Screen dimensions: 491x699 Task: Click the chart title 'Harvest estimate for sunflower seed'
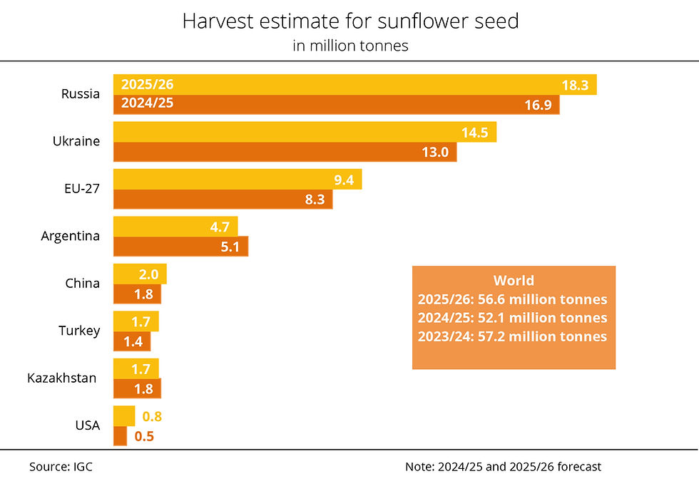tap(349, 21)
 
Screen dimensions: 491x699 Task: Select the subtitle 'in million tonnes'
tap(349, 46)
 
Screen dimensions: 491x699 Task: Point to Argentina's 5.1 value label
tap(230, 247)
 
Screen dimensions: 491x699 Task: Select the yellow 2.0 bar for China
tap(140, 274)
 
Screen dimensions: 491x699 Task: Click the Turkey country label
tap(78, 331)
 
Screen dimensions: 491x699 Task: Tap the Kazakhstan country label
tap(61, 378)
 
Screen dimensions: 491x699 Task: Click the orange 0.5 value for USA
tap(144, 436)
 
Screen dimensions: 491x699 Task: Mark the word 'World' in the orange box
tap(514, 280)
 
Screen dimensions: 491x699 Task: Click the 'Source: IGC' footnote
tap(61, 467)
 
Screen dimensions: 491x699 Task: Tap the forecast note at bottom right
tap(503, 467)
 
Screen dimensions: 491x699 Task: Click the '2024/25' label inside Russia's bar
tap(148, 103)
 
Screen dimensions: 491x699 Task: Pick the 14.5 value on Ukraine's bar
tap(474, 133)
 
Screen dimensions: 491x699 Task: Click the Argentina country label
tap(70, 236)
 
